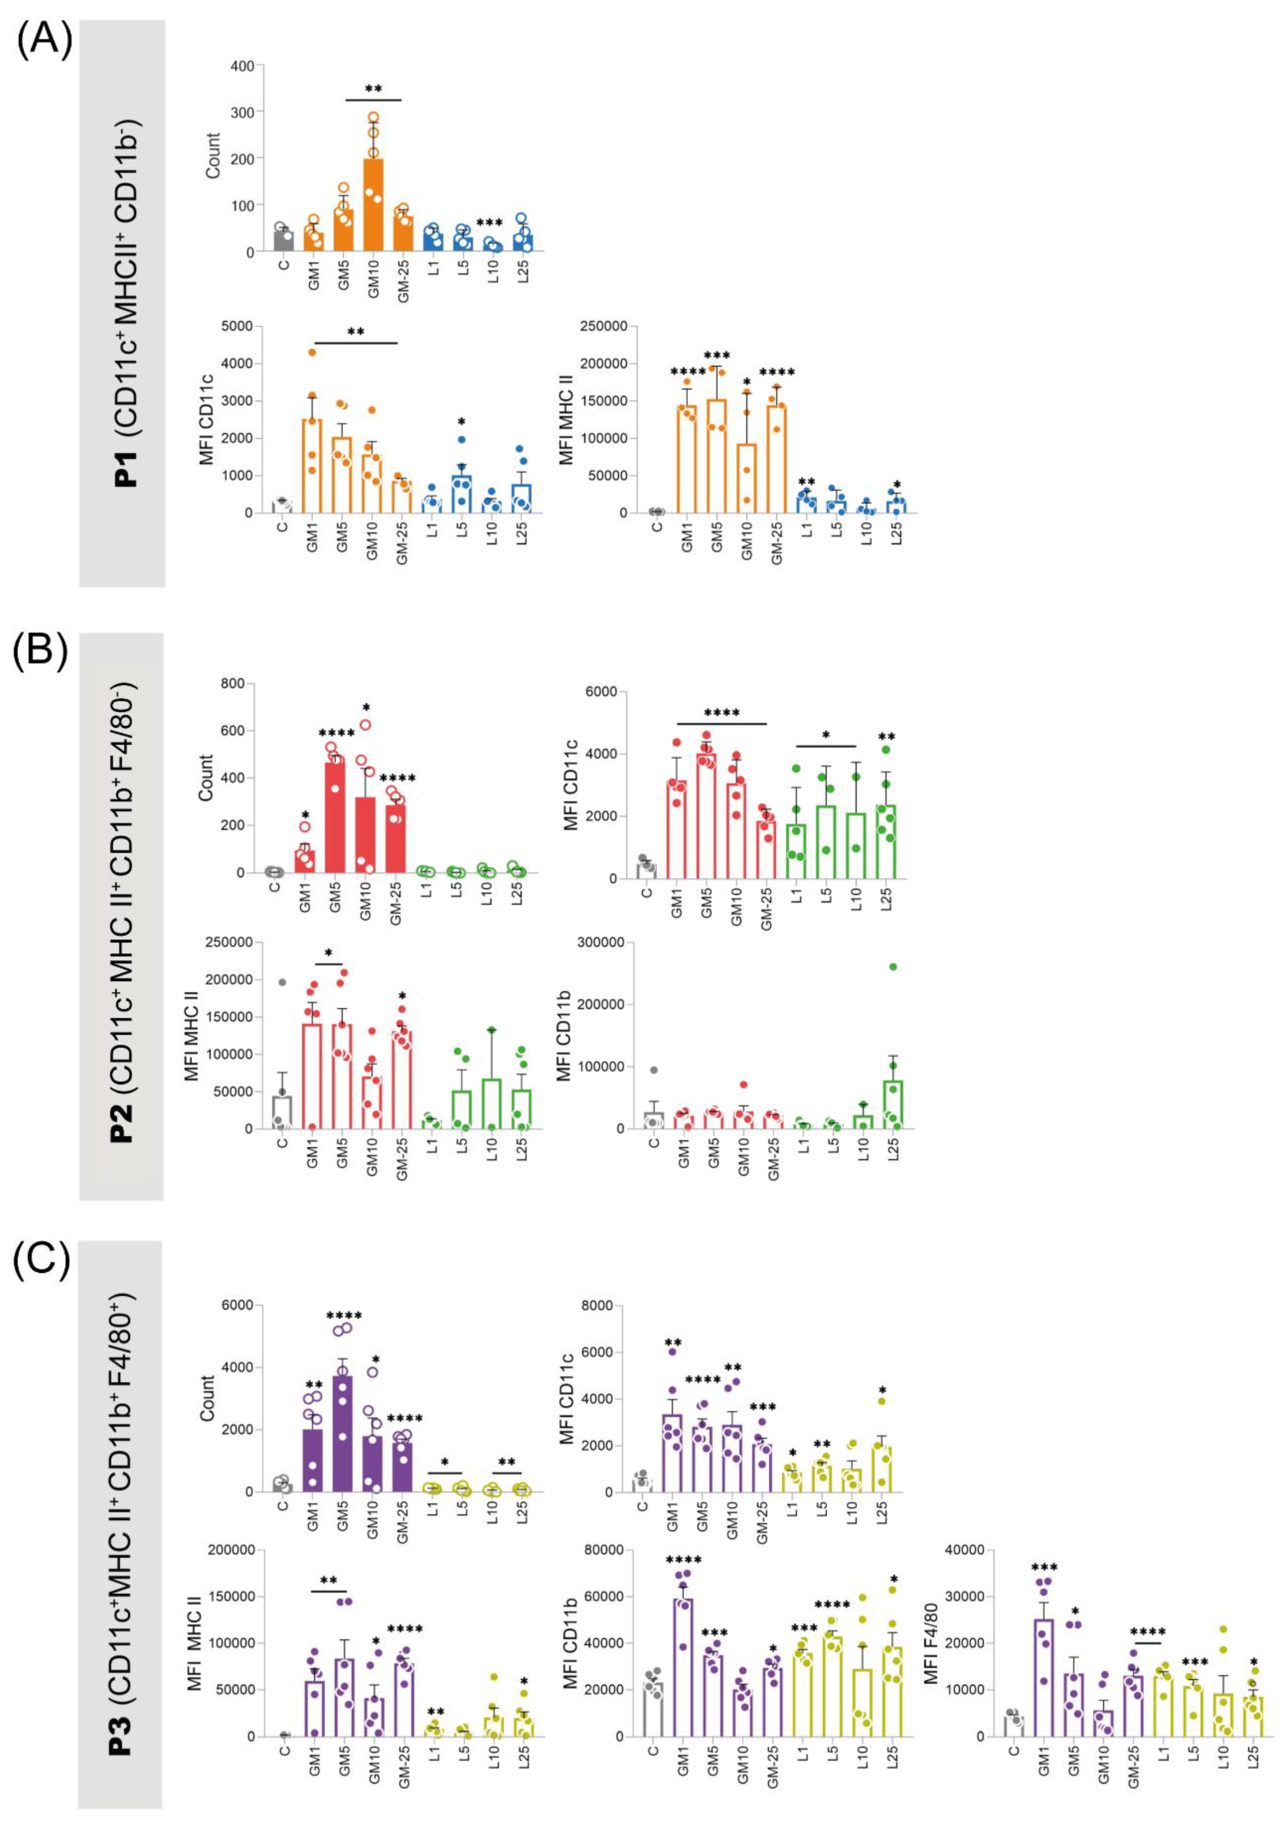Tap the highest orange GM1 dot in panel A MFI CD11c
[312, 352]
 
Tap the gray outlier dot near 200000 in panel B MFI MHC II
[281, 982]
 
